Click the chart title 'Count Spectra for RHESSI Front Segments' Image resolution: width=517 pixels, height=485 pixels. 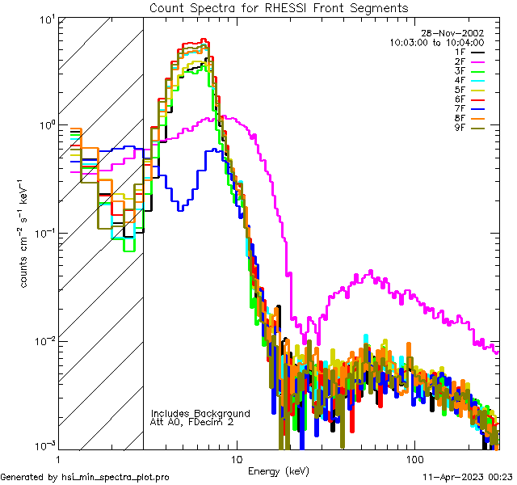(279, 8)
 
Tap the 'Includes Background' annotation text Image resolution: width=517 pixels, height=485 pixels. (200, 413)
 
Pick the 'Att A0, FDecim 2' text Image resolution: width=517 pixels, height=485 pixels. (192, 422)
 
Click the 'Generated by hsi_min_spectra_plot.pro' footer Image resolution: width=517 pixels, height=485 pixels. (85, 477)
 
